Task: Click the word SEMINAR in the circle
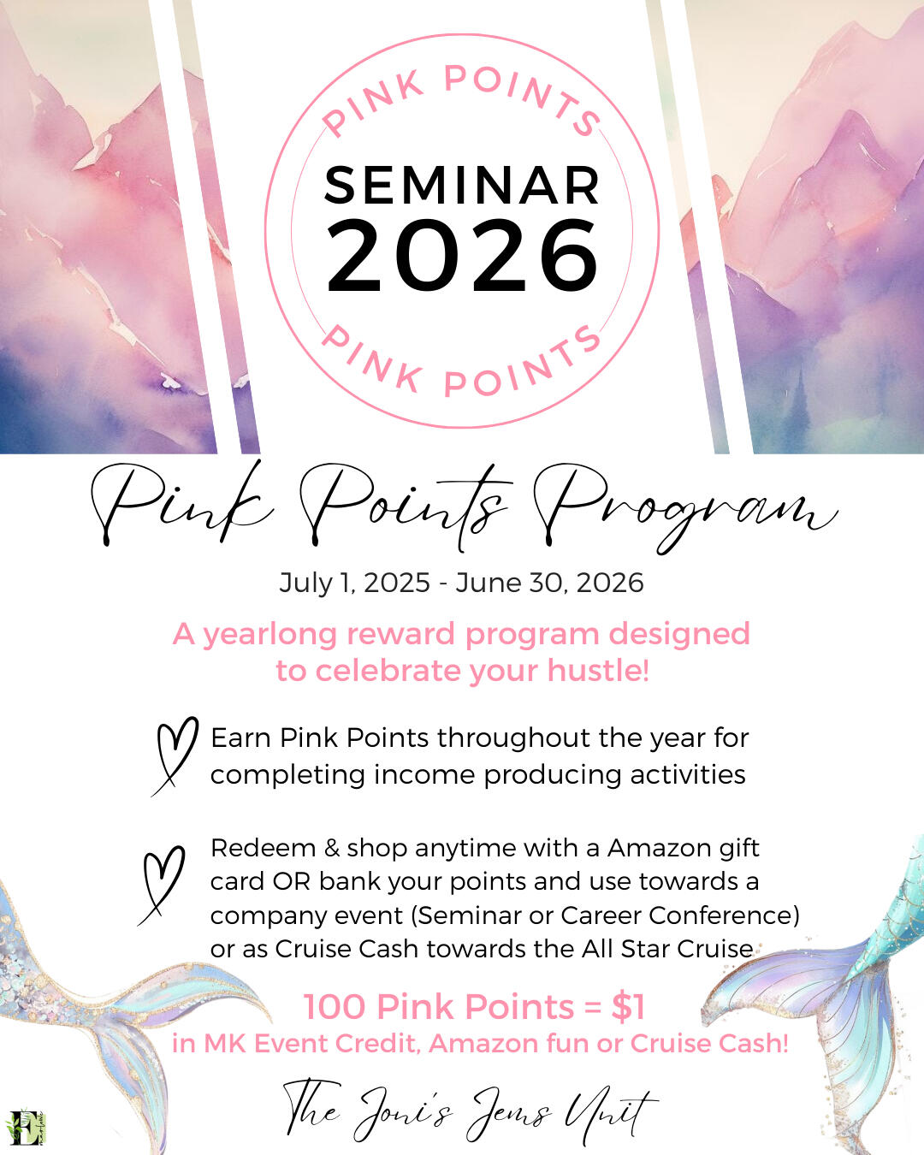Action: pyautogui.click(x=462, y=185)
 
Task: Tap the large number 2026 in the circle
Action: pyautogui.click(x=462, y=256)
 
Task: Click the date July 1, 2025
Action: pyautogui.click(x=354, y=583)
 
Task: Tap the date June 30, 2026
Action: pyautogui.click(x=550, y=583)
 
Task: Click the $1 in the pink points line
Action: pyautogui.click(x=628, y=1006)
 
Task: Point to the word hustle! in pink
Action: pyautogui.click(x=598, y=671)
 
